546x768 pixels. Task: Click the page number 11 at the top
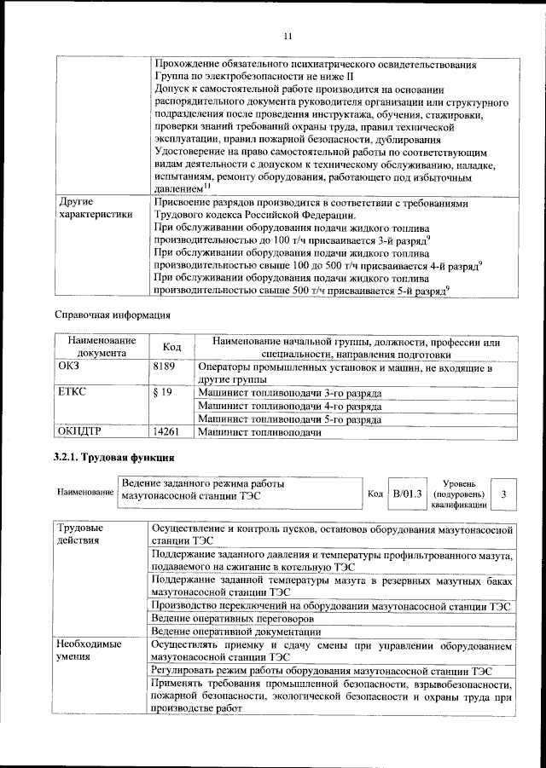[x=288, y=35]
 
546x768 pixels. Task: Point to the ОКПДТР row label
[x=79, y=433]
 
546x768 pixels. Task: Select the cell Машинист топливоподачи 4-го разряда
[x=289, y=407]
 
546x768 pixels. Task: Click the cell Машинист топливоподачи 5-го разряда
[x=289, y=420]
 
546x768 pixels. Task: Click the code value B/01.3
[x=407, y=494]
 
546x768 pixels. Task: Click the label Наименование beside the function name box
[x=85, y=494]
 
